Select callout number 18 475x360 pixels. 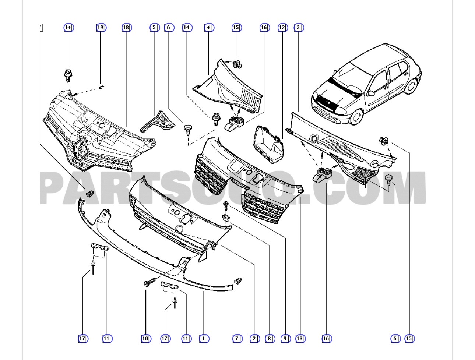coord(126,28)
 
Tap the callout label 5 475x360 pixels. coord(154,28)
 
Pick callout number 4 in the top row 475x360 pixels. coord(209,28)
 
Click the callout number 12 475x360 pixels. coord(282,28)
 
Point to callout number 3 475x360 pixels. coord(298,28)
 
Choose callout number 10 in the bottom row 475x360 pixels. coord(146,339)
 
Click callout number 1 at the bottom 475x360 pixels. coord(204,339)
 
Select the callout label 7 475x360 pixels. coord(237,339)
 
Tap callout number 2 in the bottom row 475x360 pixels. coord(254,339)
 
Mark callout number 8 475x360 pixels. coord(270,339)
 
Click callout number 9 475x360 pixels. coord(285,339)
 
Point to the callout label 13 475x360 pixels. coord(300,339)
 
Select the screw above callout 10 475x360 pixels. coord(147,283)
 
